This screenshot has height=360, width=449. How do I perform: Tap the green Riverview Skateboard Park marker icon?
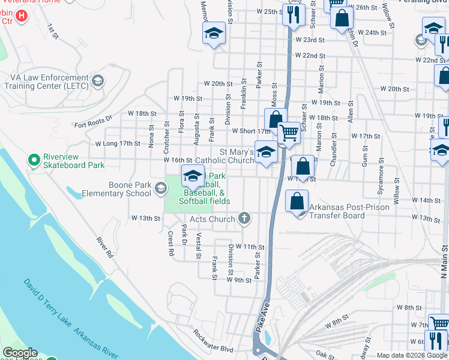(34, 160)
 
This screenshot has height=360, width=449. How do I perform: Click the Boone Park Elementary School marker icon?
(160, 189)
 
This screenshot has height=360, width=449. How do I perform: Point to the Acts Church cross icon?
(244, 218)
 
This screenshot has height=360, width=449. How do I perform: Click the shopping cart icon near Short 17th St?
(289, 133)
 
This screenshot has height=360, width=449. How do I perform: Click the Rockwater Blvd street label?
(213, 340)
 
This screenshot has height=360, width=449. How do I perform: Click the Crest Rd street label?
(170, 245)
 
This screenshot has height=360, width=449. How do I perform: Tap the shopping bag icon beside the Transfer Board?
(297, 200)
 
